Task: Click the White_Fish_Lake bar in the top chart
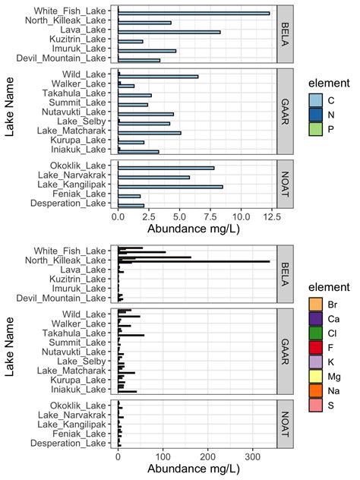[194, 13]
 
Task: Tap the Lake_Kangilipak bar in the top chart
[170, 186]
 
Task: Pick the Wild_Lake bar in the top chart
[158, 76]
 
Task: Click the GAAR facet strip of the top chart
[283, 112]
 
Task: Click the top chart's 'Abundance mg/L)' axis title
[193, 229]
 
